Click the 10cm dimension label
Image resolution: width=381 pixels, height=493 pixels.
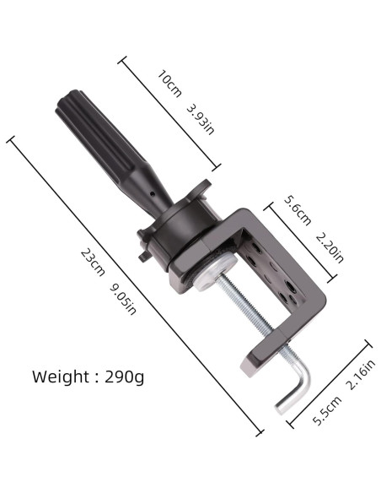tap(169, 84)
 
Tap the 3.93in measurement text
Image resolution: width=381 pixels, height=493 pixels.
tap(201, 120)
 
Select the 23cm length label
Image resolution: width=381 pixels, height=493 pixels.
tap(93, 263)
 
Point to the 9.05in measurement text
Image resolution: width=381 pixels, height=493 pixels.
tap(123, 300)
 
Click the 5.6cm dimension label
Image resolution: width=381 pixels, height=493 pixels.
tap(298, 210)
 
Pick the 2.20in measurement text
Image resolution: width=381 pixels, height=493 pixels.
tap(330, 247)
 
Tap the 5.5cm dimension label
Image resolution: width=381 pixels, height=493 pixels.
tap(327, 410)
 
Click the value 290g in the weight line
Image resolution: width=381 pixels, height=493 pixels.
tap(124, 377)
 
